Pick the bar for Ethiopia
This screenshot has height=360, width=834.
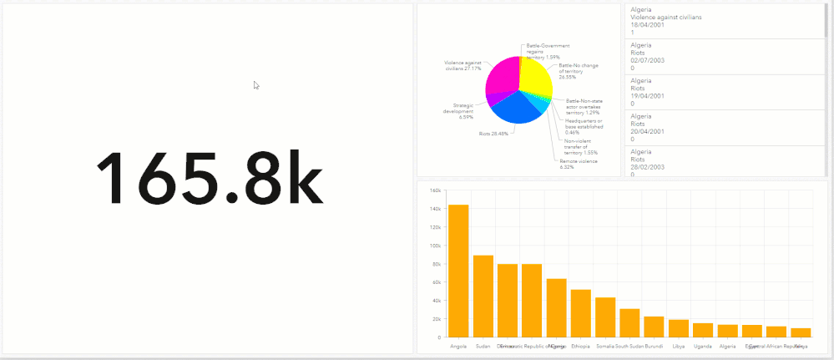point(581,312)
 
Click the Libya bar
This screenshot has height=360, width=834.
point(679,327)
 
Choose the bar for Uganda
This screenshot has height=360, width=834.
point(703,329)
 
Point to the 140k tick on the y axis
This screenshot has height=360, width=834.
point(435,209)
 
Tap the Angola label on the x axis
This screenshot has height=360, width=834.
point(458,346)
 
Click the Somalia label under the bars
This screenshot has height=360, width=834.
point(604,346)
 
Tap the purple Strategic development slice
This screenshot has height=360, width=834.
point(494,99)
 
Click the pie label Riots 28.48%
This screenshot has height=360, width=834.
point(493,134)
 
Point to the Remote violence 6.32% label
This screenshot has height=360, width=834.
point(579,165)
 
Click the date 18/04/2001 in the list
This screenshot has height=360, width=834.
point(647,24)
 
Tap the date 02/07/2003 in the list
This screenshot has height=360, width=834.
point(647,60)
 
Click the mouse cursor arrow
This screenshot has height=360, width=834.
point(256,85)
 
